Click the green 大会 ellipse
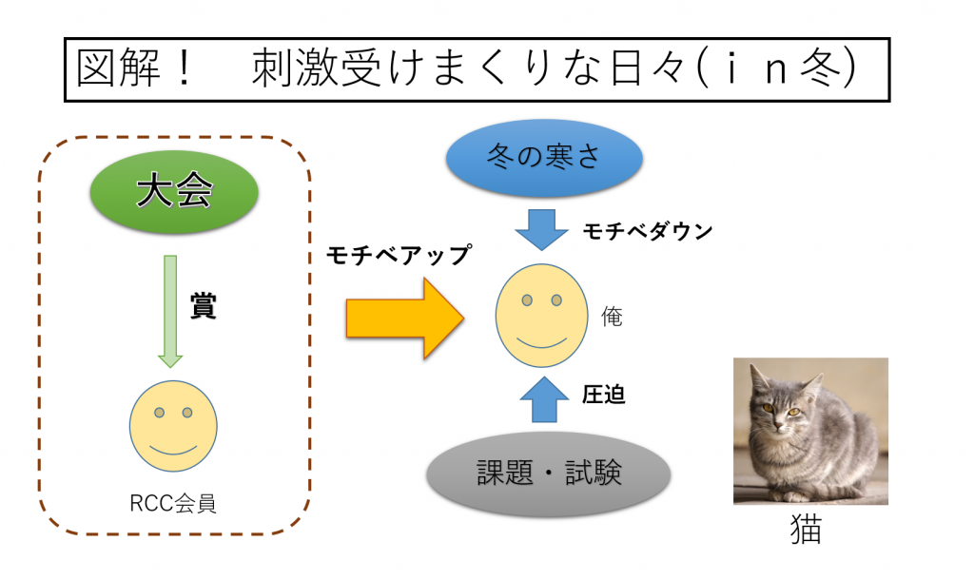point(174,191)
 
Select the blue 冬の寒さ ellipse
point(543,157)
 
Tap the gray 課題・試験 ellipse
point(549,474)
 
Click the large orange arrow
point(405,318)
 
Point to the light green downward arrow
point(170,311)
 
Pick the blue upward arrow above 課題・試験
point(544,399)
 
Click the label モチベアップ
point(399,255)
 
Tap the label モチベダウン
point(647,231)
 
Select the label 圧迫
point(603,395)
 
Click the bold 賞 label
point(203,305)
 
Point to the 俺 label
point(612,317)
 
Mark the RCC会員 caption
point(173,503)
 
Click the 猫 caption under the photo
point(806,529)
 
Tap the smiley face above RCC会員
point(173,426)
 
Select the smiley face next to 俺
point(541,316)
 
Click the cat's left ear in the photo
point(758,377)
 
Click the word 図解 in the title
point(118,68)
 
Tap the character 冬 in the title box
point(821,68)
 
